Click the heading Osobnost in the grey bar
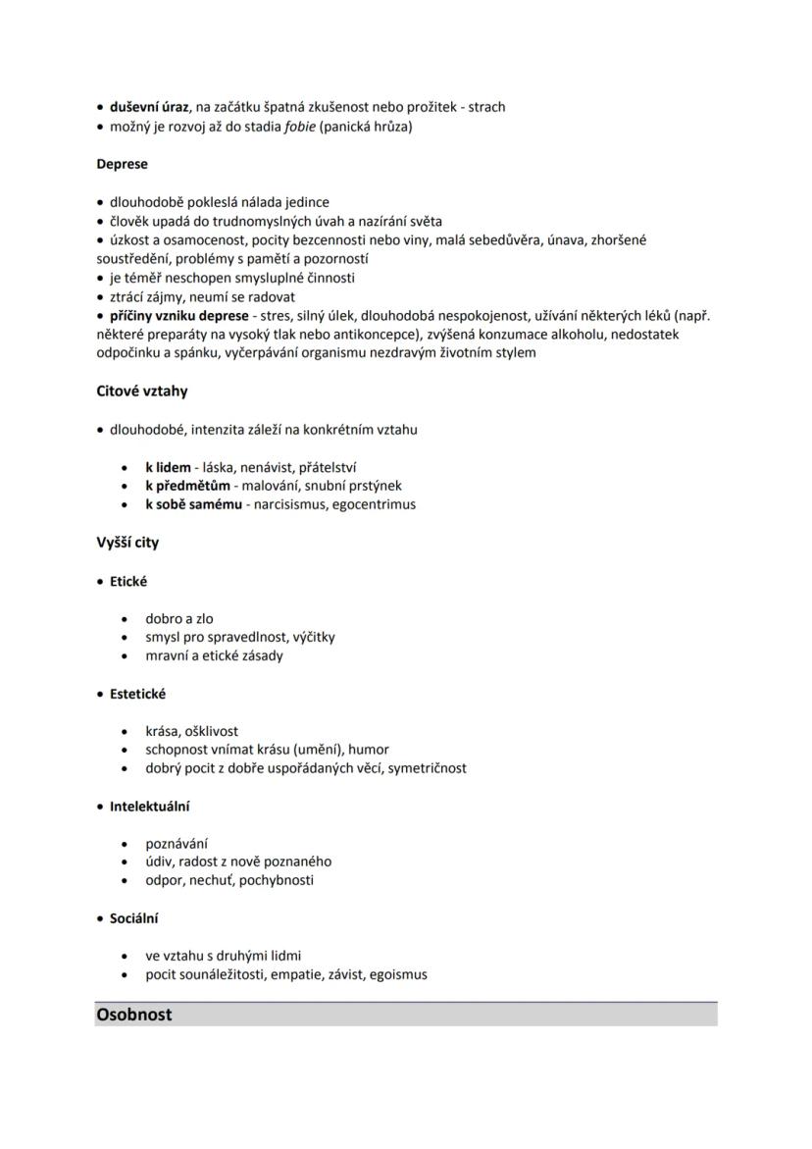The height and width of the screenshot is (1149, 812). coord(133,1015)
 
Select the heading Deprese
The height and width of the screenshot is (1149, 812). coord(122,165)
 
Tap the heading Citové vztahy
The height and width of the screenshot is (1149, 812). coord(142,392)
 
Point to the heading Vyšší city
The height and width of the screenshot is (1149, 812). coord(127,543)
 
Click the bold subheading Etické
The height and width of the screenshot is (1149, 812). coord(128,581)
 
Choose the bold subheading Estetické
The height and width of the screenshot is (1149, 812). coord(137,694)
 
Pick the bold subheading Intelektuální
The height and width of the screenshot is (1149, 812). coord(149,807)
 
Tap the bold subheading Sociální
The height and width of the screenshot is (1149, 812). coord(133,919)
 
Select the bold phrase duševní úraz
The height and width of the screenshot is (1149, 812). coord(149,107)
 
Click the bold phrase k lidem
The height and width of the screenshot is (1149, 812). coord(168,468)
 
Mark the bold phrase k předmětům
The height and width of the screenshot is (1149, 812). coord(187,486)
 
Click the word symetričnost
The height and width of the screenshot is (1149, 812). coord(427,768)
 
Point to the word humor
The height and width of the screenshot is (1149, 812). coord(369,750)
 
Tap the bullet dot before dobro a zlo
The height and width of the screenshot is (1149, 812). coord(125,620)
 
